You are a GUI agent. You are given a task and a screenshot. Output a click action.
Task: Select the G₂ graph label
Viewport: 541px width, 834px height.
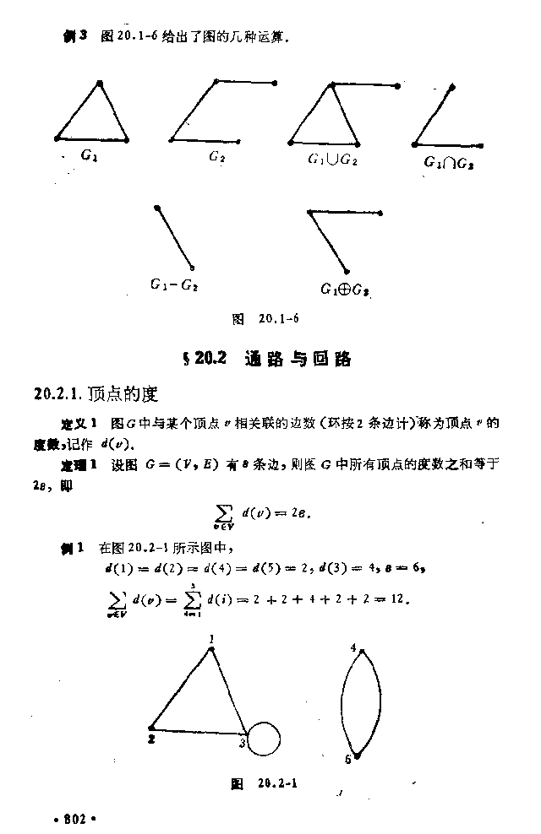pyautogui.click(x=217, y=156)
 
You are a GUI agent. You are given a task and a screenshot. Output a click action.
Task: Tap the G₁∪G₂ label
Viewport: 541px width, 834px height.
pyautogui.click(x=332, y=159)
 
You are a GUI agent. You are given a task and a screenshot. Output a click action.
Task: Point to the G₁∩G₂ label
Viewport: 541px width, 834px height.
pyautogui.click(x=448, y=161)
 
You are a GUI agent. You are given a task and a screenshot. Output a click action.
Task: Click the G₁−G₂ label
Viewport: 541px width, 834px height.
pyautogui.click(x=174, y=285)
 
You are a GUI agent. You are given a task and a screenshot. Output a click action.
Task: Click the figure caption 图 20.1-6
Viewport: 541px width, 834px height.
pyautogui.click(x=266, y=319)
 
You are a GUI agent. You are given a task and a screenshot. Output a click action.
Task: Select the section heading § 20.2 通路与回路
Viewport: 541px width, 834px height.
pyautogui.click(x=265, y=359)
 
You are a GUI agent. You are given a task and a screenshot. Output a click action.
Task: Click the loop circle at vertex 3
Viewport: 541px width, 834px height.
pyautogui.click(x=263, y=739)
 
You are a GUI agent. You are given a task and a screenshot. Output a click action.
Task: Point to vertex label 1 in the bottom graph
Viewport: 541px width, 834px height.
pyautogui.click(x=210, y=639)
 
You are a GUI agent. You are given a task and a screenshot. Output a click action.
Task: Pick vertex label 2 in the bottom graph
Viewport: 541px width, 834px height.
pyautogui.click(x=152, y=739)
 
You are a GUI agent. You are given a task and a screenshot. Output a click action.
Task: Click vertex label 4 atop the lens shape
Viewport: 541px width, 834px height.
pyautogui.click(x=352, y=647)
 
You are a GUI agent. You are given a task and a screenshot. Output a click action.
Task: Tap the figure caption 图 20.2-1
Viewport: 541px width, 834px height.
pyautogui.click(x=266, y=784)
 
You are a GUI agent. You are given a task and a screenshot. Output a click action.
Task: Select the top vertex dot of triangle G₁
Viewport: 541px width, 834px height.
pyautogui.click(x=100, y=82)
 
